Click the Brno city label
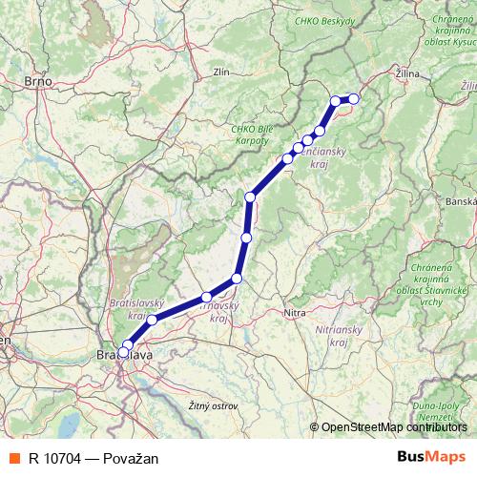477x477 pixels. point(37,81)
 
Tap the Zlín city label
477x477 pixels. point(222,71)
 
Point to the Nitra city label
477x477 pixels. point(295,312)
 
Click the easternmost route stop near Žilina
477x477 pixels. point(353,98)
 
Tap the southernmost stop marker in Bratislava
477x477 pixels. point(123,353)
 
